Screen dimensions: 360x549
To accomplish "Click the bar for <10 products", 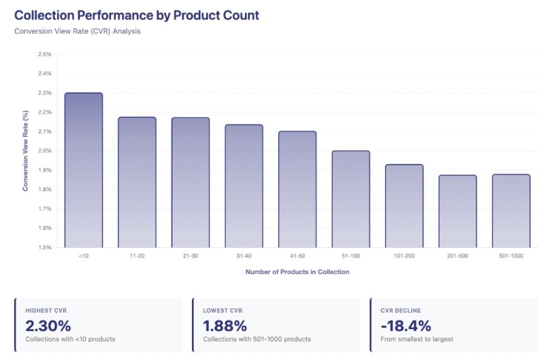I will coord(83,170).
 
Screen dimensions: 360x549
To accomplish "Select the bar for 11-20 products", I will coord(137,182).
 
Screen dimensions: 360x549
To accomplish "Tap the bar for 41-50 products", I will coord(297,189).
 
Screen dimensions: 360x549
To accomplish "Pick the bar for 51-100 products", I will coord(351,199).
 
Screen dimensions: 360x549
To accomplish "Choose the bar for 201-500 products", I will coord(457,211).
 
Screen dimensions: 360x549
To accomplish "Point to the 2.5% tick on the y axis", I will coord(44,54).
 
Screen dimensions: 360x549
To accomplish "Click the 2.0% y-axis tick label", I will coord(44,151).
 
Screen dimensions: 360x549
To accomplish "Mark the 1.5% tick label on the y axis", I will coord(44,247).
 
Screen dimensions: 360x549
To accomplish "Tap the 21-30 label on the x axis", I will coord(190,256).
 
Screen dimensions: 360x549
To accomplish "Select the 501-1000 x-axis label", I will coord(511,256).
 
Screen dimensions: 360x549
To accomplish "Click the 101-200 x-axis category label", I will coord(404,256).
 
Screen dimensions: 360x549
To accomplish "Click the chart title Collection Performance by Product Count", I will coord(137,15).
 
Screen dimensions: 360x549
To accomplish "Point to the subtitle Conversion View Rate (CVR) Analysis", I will coord(77,31).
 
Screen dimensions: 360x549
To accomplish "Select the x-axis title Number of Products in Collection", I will coord(297,272).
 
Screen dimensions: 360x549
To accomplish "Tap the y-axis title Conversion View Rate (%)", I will coord(25,151).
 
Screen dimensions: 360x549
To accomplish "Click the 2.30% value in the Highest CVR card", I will coord(48,326).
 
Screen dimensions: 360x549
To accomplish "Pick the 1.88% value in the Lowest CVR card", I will coord(225,326).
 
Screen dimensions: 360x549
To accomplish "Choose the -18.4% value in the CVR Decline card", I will coord(405,326).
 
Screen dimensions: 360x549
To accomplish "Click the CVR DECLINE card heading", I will coord(400,311).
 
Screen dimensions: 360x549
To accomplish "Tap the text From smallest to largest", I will coord(417,339).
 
